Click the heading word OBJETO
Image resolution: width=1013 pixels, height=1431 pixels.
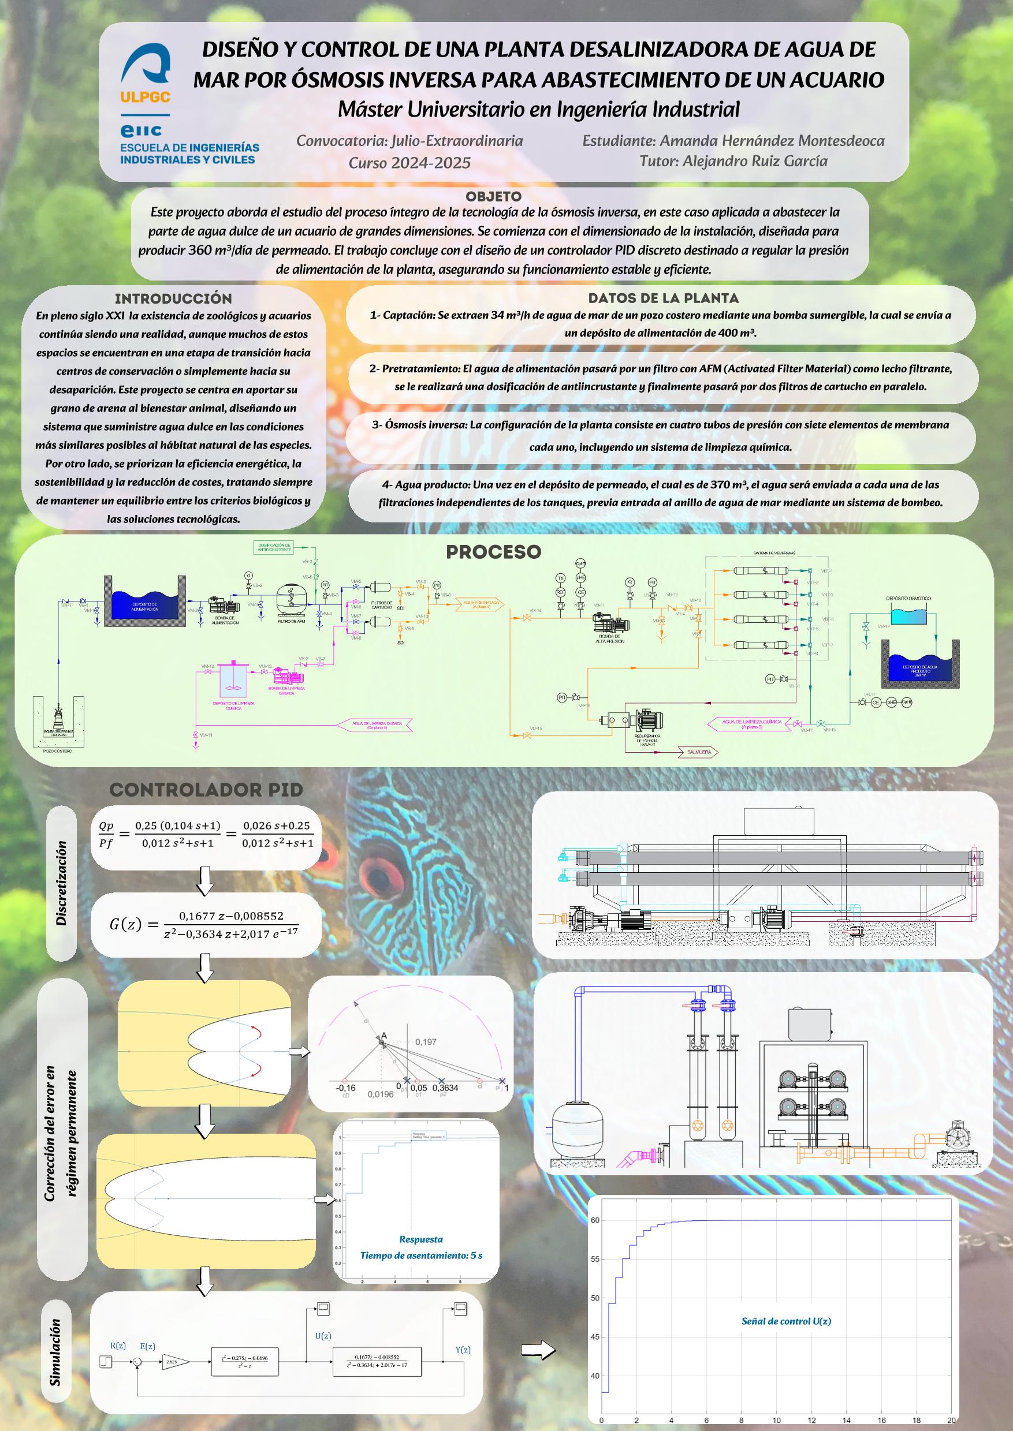pyautogui.click(x=493, y=197)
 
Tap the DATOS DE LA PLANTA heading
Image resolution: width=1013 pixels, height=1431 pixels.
pyautogui.click(x=663, y=298)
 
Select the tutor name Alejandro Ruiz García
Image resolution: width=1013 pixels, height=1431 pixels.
pyautogui.click(x=733, y=162)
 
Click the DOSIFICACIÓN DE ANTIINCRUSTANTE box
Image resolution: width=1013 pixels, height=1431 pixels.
pyautogui.click(x=274, y=547)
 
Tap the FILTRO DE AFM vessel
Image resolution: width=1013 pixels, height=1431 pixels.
pyautogui.click(x=291, y=600)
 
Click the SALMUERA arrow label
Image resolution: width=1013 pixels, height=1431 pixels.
pyautogui.click(x=699, y=752)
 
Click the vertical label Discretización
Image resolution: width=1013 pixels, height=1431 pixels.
pyautogui.click(x=61, y=882)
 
